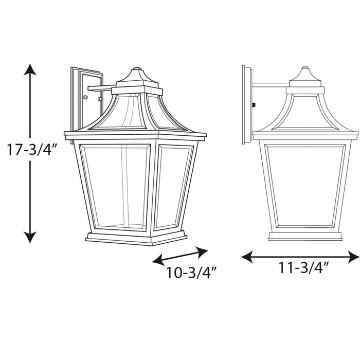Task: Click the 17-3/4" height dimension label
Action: [30, 150]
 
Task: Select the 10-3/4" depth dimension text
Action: [190, 273]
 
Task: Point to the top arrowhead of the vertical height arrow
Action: [30, 70]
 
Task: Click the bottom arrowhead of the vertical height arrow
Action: [30, 237]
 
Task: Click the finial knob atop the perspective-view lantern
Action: [137, 69]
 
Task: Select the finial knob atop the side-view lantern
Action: [305, 68]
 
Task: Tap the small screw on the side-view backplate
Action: [254, 105]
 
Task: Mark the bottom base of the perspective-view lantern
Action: [135, 239]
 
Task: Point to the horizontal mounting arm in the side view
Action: [271, 84]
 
